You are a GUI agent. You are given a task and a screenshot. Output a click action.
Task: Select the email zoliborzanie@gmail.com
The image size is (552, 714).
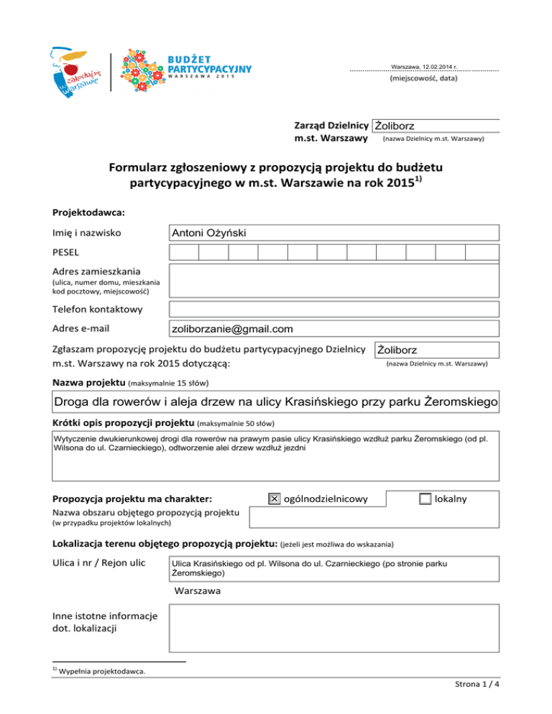pyautogui.click(x=232, y=329)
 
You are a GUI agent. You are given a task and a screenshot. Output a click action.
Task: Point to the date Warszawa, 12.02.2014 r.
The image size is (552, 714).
pyautogui.click(x=424, y=67)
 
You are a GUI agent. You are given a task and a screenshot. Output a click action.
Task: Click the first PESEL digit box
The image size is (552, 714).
pyautogui.click(x=184, y=253)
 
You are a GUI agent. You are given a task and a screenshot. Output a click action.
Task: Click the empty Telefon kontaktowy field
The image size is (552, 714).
pyautogui.click(x=333, y=310)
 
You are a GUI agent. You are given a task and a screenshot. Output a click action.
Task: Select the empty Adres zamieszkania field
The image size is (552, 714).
pyautogui.click(x=333, y=281)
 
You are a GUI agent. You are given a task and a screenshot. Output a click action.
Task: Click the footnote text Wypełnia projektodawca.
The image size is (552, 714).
pyautogui.click(x=103, y=672)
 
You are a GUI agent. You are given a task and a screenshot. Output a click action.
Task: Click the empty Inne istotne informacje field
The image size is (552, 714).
pyautogui.click(x=333, y=627)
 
